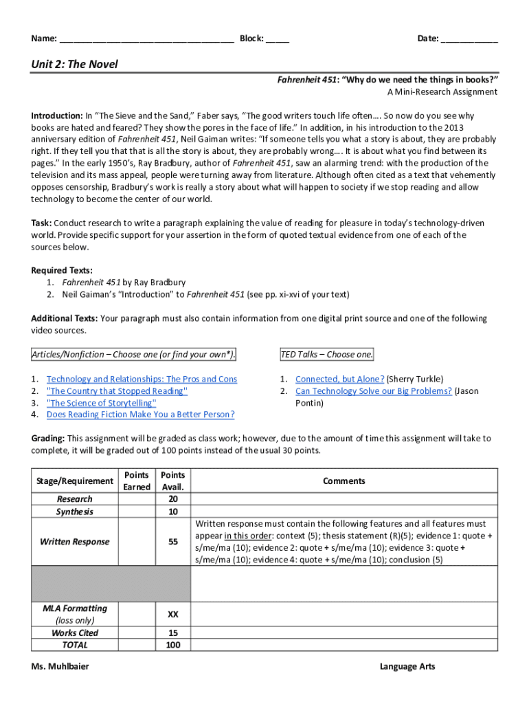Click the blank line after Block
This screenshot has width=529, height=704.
[278, 39]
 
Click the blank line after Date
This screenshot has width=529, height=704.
[469, 39]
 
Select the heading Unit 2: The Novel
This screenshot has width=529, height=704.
[74, 65]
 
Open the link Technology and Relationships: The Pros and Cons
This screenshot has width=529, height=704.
[142, 379]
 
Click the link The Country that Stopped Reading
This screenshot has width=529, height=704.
[117, 391]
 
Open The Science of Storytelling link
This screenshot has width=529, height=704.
[101, 403]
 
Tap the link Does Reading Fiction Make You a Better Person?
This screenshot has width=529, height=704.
[140, 415]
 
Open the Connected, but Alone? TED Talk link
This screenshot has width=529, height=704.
[339, 379]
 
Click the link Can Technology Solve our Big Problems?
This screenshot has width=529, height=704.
[373, 391]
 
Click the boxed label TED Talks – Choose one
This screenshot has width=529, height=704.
[327, 355]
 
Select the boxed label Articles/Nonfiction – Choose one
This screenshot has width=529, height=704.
[134, 355]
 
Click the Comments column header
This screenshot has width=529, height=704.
[344, 481]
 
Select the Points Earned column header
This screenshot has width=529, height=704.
[136, 481]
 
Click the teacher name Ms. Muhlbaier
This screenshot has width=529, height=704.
[60, 667]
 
